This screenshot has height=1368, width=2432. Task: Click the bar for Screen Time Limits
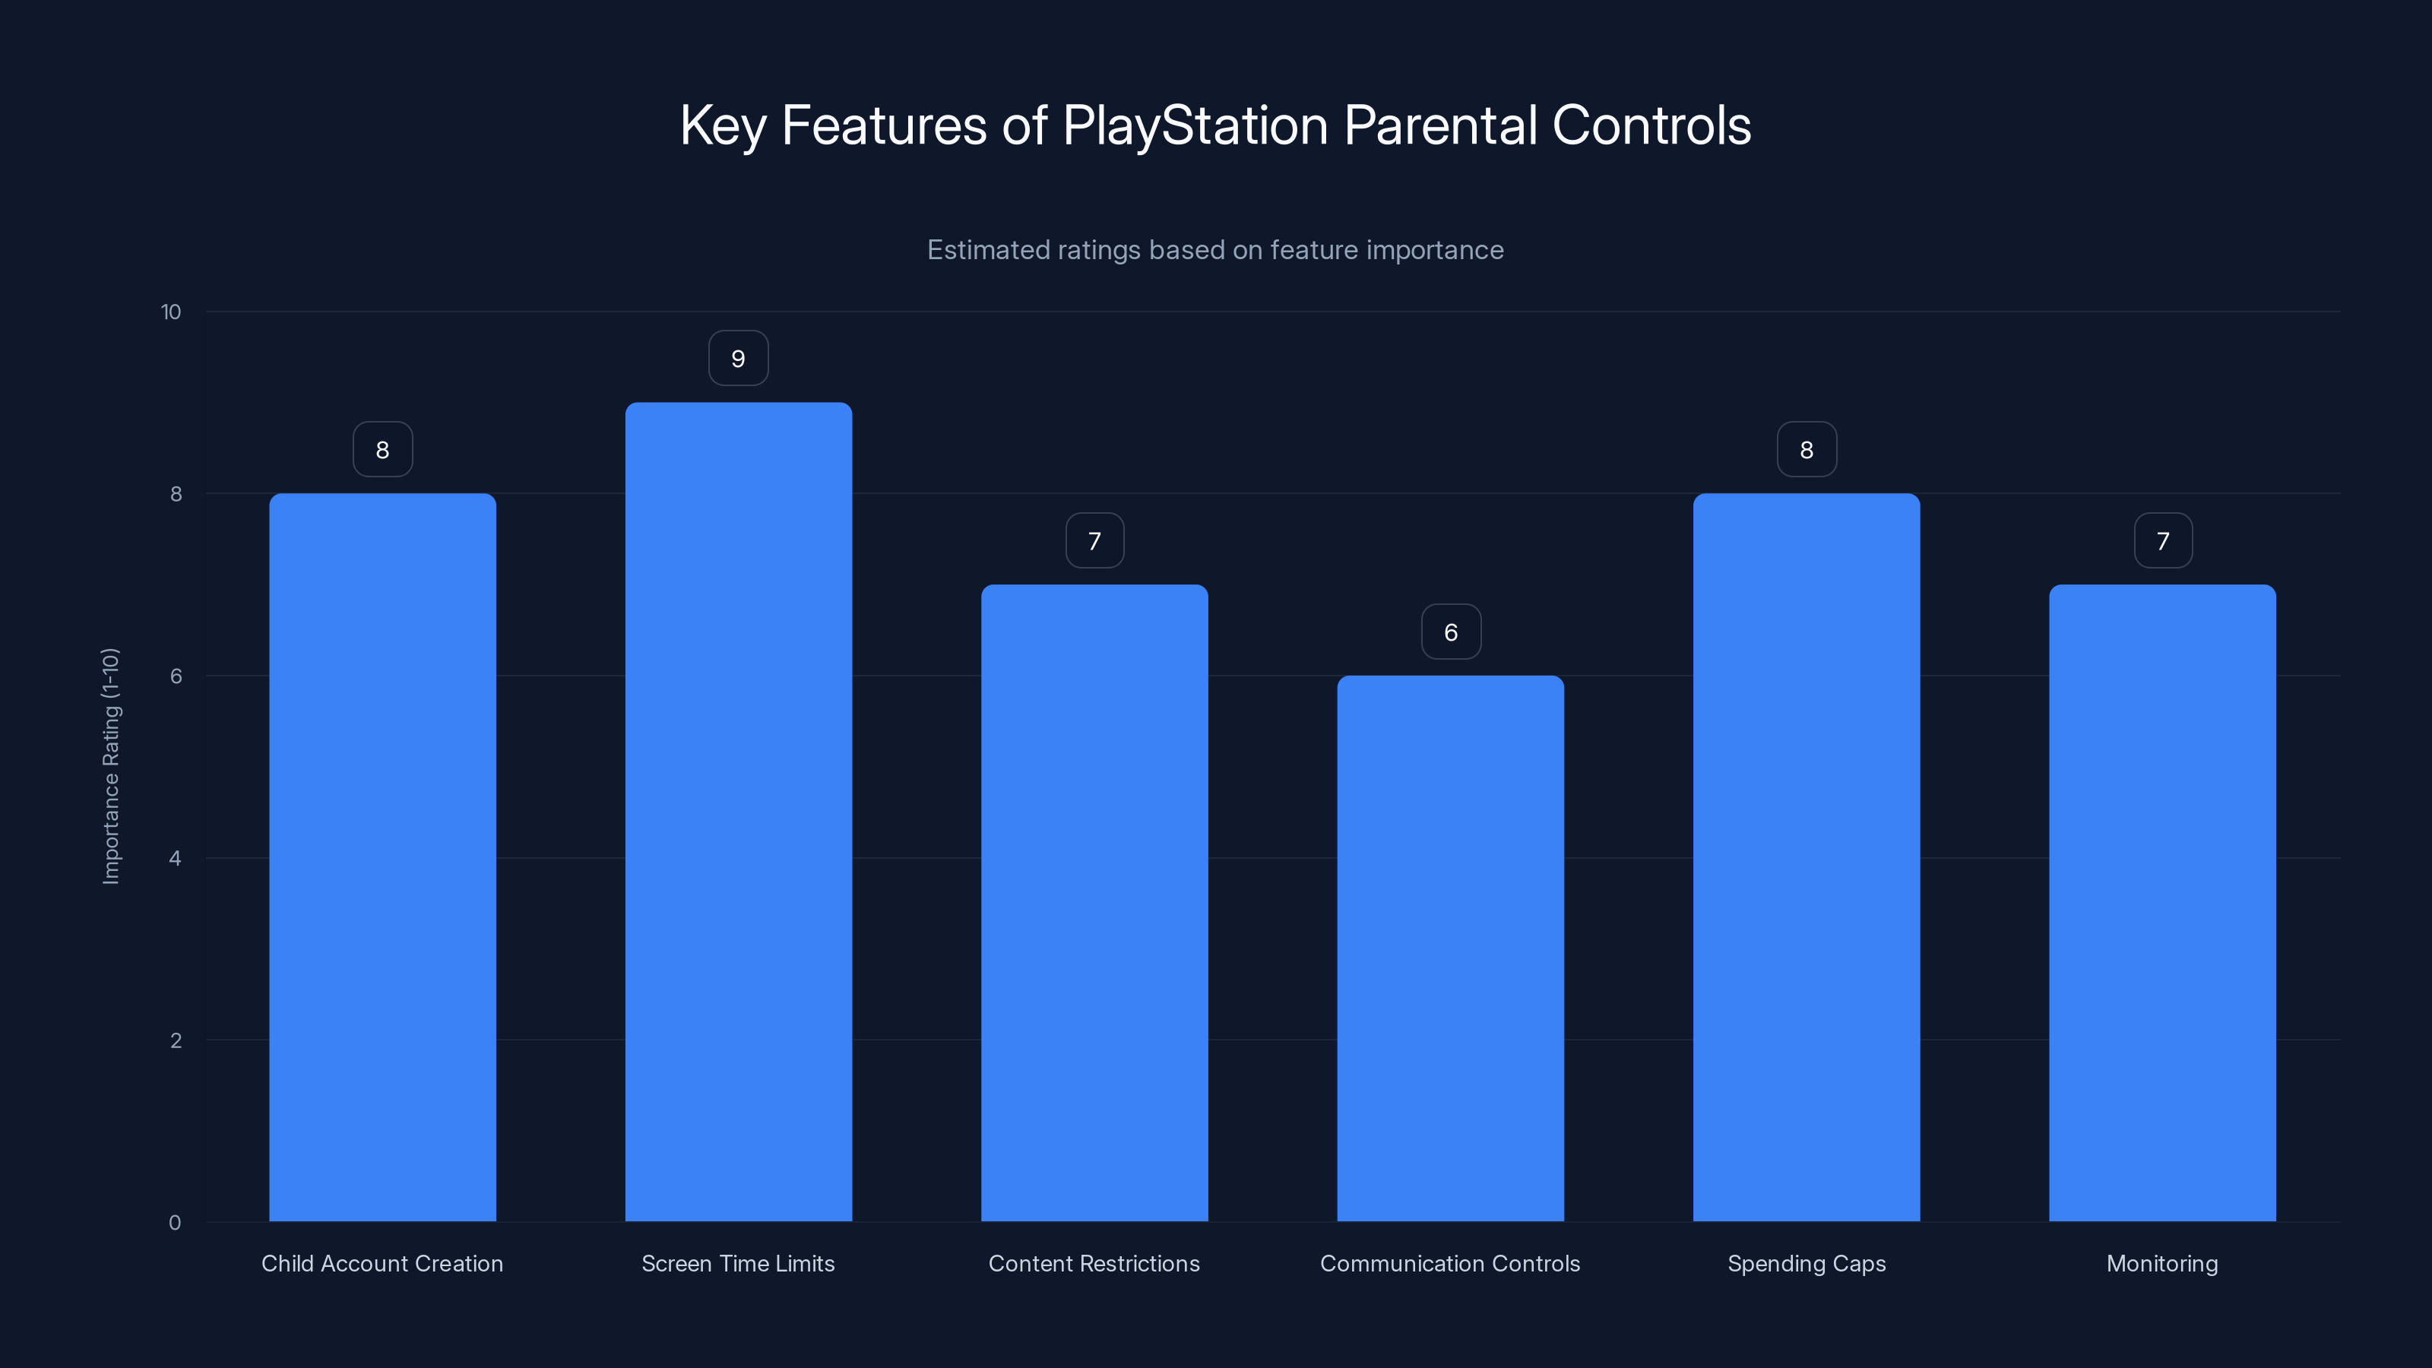738,812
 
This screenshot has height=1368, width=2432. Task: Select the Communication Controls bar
1450,948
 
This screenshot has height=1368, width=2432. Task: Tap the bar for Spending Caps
1806,857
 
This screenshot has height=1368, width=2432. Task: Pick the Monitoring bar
2162,903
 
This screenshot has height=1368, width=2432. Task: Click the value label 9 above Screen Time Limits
738,359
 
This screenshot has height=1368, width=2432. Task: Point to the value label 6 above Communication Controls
1451,632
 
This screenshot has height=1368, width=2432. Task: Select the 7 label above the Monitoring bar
2163,541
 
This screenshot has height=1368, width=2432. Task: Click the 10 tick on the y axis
171,312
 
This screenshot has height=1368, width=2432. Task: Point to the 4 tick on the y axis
175,858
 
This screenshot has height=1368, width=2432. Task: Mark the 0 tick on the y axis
175,1223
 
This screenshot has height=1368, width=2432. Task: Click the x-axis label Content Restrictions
1094,1263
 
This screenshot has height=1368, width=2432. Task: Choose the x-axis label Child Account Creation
382,1263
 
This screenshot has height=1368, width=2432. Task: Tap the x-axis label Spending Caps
1806,1263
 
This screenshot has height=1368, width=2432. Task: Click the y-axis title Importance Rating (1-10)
110,765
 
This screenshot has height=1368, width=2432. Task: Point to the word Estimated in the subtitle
986,250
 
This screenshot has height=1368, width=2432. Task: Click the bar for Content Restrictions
1094,903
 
